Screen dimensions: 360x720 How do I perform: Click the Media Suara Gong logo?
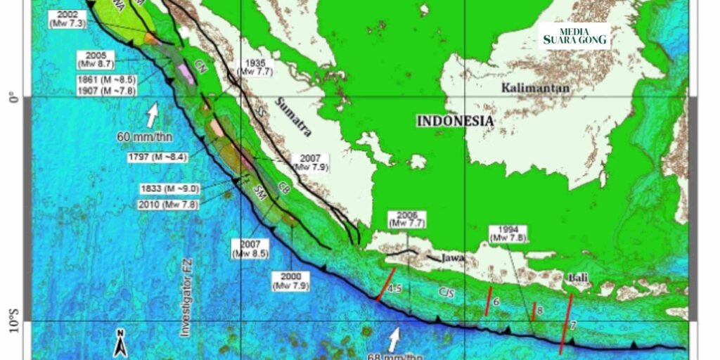[x=575, y=36]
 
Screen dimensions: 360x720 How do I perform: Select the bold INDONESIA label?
[x=455, y=121]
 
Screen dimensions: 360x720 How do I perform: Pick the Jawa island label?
[x=454, y=259]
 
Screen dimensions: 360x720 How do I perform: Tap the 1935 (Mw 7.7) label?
[x=259, y=67]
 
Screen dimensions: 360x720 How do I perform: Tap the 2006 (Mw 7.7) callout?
[x=408, y=218]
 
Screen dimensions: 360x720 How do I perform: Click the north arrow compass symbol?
[x=121, y=342]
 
